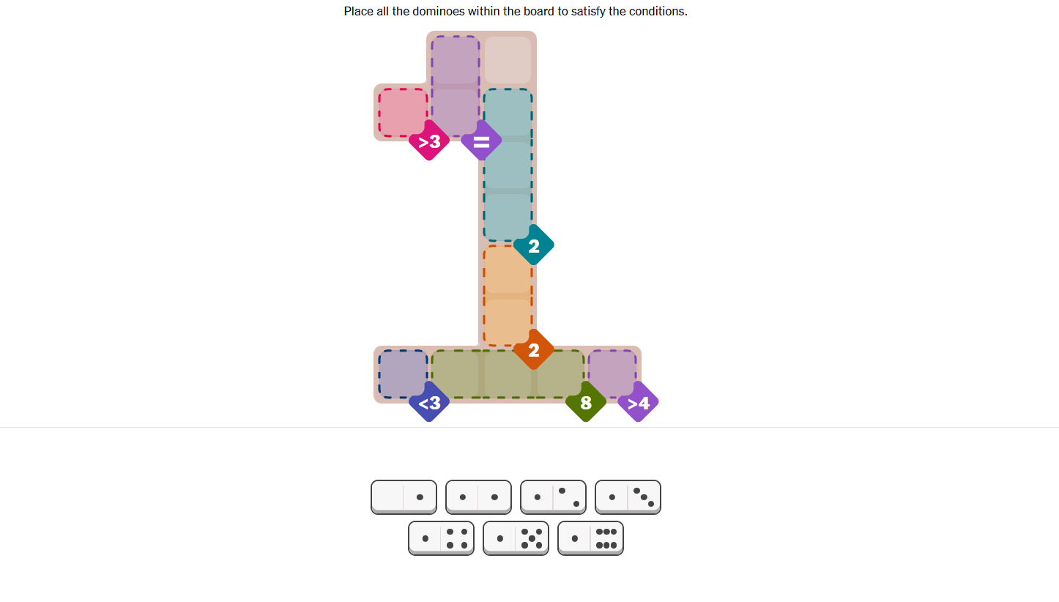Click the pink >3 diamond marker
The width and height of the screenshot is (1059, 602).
429,141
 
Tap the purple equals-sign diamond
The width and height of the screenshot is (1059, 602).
481,141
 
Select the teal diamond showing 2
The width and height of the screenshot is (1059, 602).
534,245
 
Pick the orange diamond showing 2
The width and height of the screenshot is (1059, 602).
534,350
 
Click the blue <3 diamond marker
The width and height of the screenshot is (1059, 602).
429,403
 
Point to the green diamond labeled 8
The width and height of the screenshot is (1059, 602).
586,403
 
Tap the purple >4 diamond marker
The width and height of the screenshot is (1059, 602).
638,403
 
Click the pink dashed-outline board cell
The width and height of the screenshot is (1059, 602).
403,113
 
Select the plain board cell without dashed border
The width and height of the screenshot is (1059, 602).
508,60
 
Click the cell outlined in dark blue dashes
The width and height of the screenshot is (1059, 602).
403,374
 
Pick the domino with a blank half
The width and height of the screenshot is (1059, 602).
404,497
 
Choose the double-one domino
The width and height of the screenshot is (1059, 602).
478,497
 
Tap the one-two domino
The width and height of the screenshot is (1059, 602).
553,497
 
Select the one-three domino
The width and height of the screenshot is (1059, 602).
628,497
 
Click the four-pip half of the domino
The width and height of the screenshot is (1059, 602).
457,538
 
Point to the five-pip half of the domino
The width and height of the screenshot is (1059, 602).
532,538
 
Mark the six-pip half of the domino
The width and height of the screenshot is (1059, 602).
606,538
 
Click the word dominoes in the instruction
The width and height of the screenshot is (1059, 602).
438,11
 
